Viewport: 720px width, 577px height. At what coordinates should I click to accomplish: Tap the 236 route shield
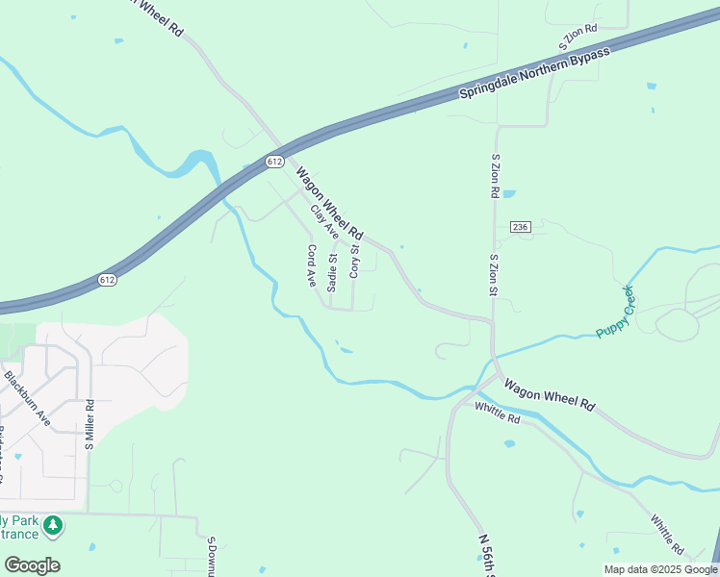click(x=520, y=227)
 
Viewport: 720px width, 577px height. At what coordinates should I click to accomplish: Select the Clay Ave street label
click(x=324, y=222)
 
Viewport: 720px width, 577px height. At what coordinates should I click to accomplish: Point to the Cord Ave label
click(x=312, y=265)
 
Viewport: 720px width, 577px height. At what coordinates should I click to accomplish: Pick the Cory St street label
click(x=353, y=262)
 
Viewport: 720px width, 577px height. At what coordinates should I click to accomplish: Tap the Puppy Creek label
click(x=616, y=312)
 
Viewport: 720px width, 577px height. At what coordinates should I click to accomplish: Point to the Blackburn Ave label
click(x=27, y=398)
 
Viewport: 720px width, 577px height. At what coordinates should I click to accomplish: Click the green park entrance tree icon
click(x=54, y=525)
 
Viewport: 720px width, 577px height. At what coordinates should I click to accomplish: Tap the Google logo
click(x=33, y=565)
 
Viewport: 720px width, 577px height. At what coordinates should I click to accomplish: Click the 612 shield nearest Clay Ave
click(x=275, y=162)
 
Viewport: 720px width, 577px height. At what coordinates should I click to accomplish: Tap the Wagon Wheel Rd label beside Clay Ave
click(x=329, y=204)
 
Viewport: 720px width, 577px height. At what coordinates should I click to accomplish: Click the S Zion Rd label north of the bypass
click(x=579, y=39)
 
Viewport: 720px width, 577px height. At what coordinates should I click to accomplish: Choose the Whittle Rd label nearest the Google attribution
click(x=666, y=535)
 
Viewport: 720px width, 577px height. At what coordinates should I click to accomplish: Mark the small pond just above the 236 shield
click(x=508, y=192)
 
